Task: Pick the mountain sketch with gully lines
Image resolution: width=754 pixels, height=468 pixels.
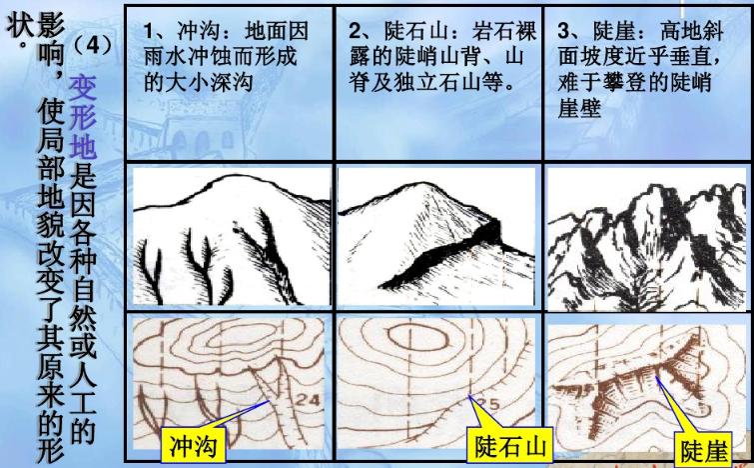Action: click(229, 234)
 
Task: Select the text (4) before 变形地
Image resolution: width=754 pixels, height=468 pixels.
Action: click(97, 46)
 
